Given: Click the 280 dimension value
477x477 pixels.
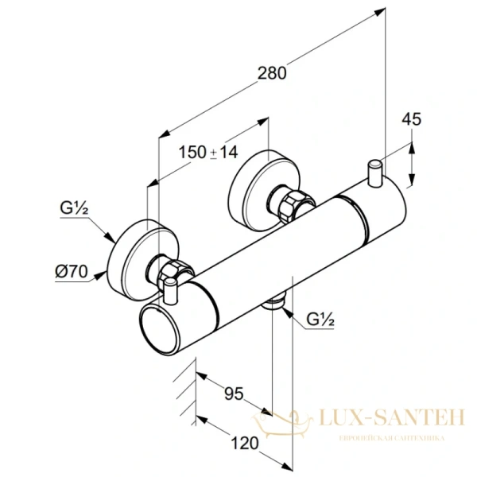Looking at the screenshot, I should coord(271,73).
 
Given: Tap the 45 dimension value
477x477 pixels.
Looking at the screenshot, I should coord(412,120).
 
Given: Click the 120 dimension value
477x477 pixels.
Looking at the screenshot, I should coord(246,442).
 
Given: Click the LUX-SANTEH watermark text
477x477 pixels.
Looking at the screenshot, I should coord(390,417).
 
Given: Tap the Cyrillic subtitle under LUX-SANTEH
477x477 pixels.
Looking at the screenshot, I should coord(390,438).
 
